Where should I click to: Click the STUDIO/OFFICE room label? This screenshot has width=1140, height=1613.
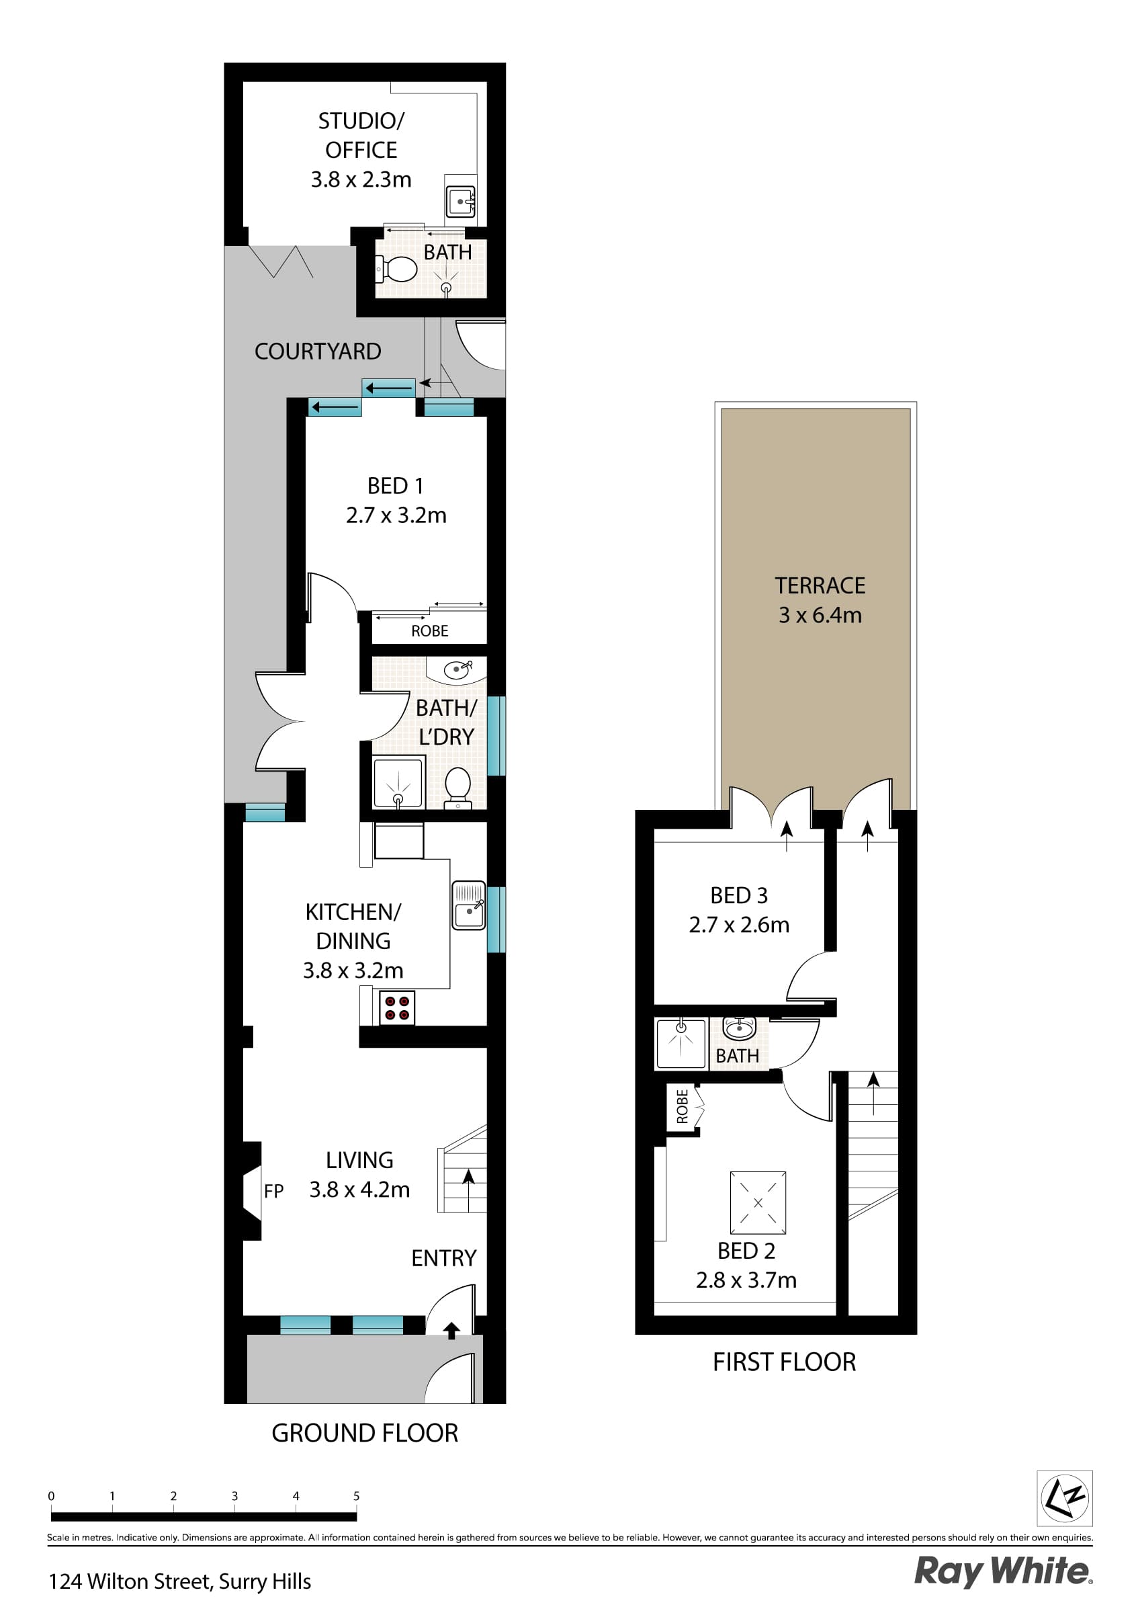361,135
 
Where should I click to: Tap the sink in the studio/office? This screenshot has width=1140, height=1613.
460,202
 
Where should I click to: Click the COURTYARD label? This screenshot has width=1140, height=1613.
318,351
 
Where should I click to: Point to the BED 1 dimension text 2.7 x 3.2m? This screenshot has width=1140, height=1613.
396,515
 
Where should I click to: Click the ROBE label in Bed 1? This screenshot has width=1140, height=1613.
429,631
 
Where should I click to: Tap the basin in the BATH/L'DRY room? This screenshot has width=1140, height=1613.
457,669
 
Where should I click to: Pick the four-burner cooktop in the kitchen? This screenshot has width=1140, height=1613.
396,1007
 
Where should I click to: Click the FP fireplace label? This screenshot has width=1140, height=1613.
274,1191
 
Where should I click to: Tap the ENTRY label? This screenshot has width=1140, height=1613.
443,1257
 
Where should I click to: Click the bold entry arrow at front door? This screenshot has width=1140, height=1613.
451,1330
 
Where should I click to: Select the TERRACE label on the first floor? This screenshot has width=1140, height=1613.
820,585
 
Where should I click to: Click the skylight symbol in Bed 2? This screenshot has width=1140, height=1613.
757,1202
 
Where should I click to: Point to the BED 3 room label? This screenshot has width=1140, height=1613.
738,895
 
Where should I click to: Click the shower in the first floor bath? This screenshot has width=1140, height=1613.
680,1043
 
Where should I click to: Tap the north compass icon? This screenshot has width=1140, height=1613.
1064,1498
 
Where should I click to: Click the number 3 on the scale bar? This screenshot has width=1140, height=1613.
234,1495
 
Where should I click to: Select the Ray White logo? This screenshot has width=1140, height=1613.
1002,1570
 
